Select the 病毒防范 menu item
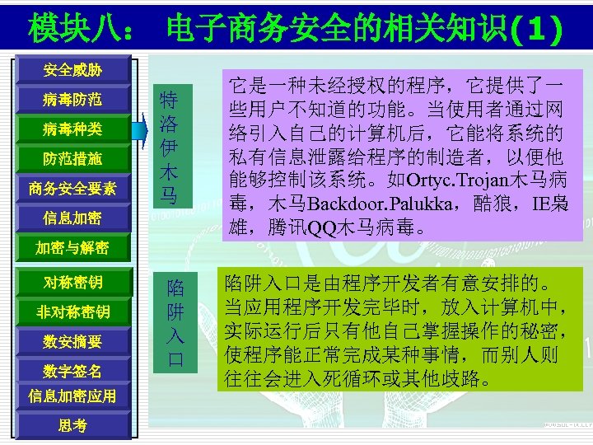click(x=72, y=100)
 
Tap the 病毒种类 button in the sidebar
click(x=72, y=129)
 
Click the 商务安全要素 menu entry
click(x=72, y=188)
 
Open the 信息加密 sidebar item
click(x=72, y=218)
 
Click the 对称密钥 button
click(x=72, y=283)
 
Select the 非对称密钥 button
click(x=72, y=311)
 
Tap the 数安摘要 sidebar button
click(x=72, y=340)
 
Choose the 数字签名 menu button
click(x=72, y=370)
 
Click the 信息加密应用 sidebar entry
click(x=72, y=396)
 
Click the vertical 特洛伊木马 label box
click(x=169, y=146)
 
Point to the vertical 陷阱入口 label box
click(x=175, y=322)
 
